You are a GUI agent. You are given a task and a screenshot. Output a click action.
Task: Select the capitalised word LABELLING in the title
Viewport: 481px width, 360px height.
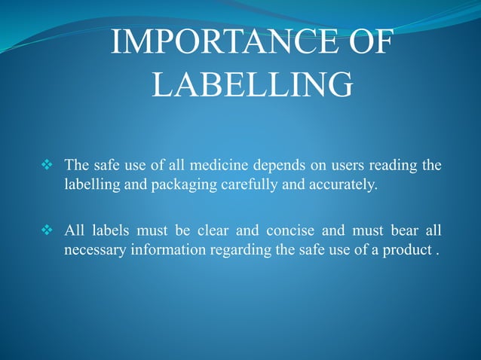[252, 84]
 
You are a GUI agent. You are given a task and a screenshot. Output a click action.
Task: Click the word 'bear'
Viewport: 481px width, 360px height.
[400, 230]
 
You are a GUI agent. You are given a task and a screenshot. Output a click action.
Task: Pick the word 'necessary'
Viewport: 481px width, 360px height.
[93, 249]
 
